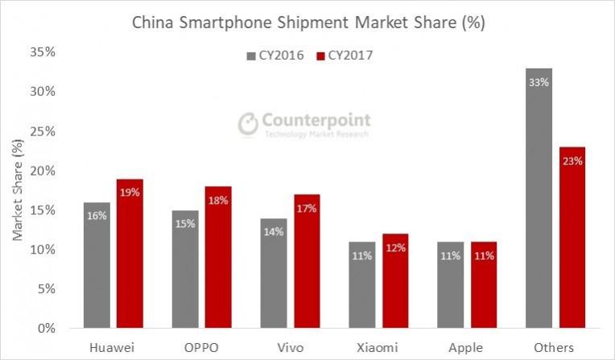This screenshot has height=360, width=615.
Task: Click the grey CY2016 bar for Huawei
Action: [97, 266]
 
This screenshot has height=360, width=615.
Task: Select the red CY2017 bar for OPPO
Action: [217, 258]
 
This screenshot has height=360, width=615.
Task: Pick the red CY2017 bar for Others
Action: [573, 242]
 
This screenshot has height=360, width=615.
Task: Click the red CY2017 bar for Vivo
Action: [306, 262]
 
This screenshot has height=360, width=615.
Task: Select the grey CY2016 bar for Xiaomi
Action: [362, 286]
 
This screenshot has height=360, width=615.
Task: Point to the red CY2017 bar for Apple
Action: [485, 286]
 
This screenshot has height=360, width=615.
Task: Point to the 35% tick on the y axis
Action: [41, 52]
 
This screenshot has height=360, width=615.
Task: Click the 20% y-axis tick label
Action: [41, 171]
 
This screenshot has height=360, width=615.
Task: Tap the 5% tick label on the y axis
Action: [44, 289]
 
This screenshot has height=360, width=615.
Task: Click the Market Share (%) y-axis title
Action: [18, 190]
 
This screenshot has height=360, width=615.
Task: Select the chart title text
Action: [308, 23]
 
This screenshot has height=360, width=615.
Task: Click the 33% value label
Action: [539, 81]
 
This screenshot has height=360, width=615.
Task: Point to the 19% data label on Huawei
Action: [130, 192]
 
